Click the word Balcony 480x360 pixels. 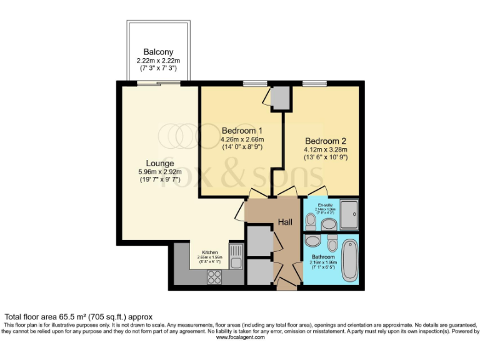pyautogui.click(x=158, y=52)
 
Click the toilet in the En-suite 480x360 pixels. pyautogui.click(x=311, y=221)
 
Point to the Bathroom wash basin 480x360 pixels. pyautogui.click(x=332, y=242)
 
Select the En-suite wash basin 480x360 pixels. pyautogui.click(x=329, y=223)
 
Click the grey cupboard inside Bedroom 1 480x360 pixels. pyautogui.click(x=280, y=97)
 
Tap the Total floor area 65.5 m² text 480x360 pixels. pyautogui.click(x=79, y=317)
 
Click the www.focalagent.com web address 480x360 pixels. pyautogui.click(x=240, y=337)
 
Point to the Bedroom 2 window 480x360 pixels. pyautogui.click(x=314, y=83)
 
